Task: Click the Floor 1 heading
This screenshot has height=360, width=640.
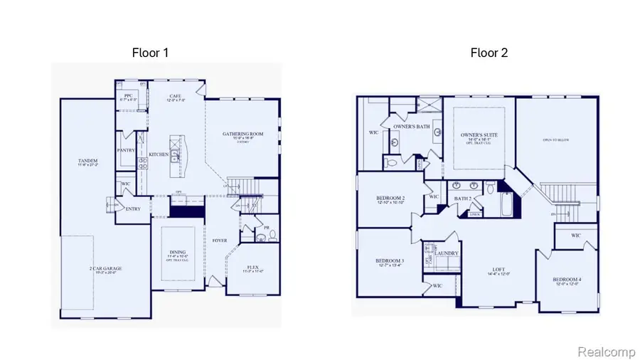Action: point(150,53)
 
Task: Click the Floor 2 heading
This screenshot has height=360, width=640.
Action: point(489,53)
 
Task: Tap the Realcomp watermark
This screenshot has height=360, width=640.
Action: point(602,351)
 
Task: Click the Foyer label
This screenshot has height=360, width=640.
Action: point(219,240)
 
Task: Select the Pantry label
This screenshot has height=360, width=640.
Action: point(126,150)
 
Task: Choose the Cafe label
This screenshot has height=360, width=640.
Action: point(176,96)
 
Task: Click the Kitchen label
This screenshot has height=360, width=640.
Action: point(158,154)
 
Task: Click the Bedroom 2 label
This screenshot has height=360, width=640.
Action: point(390,198)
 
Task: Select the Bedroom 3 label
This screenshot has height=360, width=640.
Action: point(389,261)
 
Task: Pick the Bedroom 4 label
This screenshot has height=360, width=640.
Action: point(567,280)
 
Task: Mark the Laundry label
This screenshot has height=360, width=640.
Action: point(446,253)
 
